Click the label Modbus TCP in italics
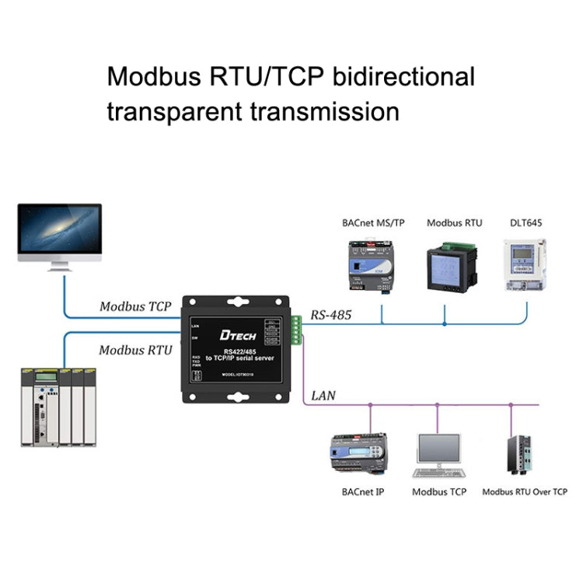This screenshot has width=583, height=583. pyautogui.click(x=135, y=306)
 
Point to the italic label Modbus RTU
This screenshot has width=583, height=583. pyautogui.click(x=135, y=350)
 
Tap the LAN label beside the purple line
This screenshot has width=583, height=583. pyautogui.click(x=323, y=396)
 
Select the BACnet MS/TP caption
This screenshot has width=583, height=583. pyautogui.click(x=373, y=223)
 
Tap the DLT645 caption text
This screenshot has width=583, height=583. pyautogui.click(x=526, y=223)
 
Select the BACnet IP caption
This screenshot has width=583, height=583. pyautogui.click(x=362, y=491)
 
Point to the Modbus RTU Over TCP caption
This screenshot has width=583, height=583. pyautogui.click(x=525, y=491)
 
